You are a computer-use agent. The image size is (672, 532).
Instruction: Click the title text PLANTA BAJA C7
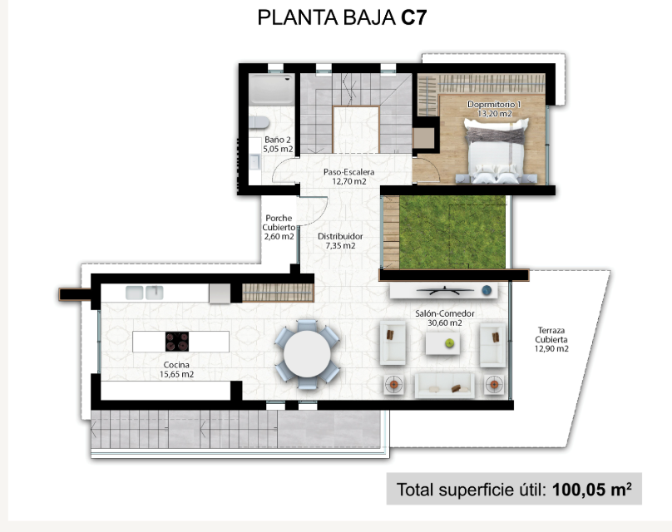342,17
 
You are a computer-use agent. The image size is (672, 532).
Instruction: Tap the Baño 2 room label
278,145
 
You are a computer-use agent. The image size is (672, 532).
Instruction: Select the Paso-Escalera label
348,176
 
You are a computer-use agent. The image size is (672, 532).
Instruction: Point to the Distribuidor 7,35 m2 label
340,241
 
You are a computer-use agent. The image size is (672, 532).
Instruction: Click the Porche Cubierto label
279,227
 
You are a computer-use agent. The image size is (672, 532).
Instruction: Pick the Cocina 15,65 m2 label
176,369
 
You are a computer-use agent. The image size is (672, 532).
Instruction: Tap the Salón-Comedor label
444,318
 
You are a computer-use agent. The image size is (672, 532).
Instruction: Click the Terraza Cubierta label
551,339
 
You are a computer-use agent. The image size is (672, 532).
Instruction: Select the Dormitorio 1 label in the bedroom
494,109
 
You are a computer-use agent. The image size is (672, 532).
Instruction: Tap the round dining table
307,354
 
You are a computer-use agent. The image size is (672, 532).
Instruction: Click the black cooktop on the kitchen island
177,342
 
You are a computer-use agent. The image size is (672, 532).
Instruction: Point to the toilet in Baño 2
259,122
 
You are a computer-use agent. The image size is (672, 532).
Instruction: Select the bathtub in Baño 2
271,90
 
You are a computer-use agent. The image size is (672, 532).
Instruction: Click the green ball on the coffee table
450,342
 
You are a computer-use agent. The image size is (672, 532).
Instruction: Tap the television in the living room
445,291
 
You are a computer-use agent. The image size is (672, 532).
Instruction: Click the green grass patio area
452,232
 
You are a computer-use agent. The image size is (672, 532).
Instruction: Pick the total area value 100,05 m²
592,489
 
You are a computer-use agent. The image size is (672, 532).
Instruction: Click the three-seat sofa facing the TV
444,386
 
